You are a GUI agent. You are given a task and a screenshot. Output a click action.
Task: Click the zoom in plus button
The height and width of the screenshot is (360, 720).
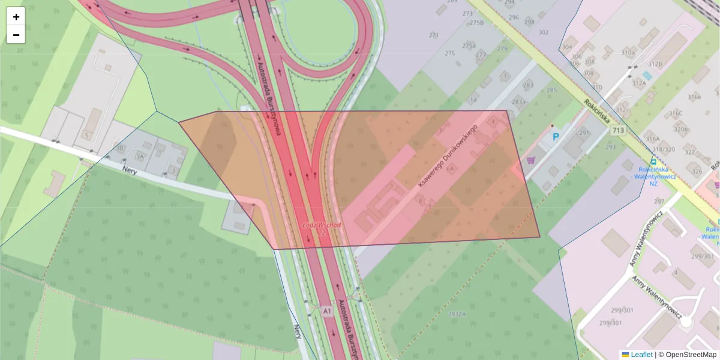coord(16,16)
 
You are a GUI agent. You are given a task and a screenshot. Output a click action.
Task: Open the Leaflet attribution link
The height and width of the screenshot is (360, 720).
coord(641,355)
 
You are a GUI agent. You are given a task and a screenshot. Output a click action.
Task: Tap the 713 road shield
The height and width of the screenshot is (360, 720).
coord(617,130)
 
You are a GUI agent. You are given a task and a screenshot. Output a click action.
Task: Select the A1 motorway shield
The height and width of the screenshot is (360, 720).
coord(326,311)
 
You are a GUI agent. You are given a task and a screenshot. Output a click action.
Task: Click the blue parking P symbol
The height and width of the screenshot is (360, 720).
coord(556,137)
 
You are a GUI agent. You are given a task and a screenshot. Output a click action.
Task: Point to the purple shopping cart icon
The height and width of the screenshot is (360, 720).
coord(531,160)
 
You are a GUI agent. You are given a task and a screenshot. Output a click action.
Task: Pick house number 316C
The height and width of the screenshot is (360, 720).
coord(676,113)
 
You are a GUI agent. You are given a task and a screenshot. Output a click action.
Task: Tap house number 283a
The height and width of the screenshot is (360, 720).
coord(518,102)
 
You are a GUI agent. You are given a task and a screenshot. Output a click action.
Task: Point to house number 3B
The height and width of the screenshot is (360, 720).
coord(119,148)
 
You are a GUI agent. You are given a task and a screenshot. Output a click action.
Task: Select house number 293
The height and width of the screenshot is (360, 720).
coord(611,147)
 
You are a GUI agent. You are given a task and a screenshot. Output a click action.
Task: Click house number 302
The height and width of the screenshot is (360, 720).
coord(544,32)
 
